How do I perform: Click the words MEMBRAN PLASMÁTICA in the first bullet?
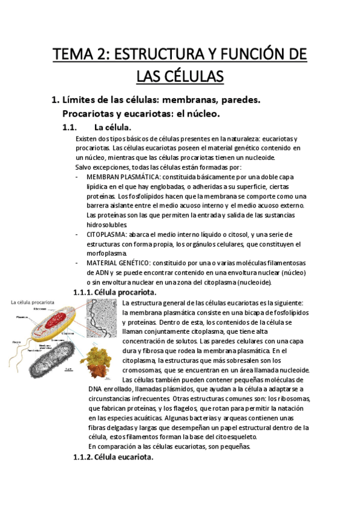click(123, 177)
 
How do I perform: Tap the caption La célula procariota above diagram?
click(34, 303)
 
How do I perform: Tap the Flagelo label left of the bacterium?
click(16, 342)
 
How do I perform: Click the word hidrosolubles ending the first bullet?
click(107, 224)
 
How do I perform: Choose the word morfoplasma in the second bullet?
click(107, 253)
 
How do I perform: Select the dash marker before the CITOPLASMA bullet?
click(77, 234)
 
